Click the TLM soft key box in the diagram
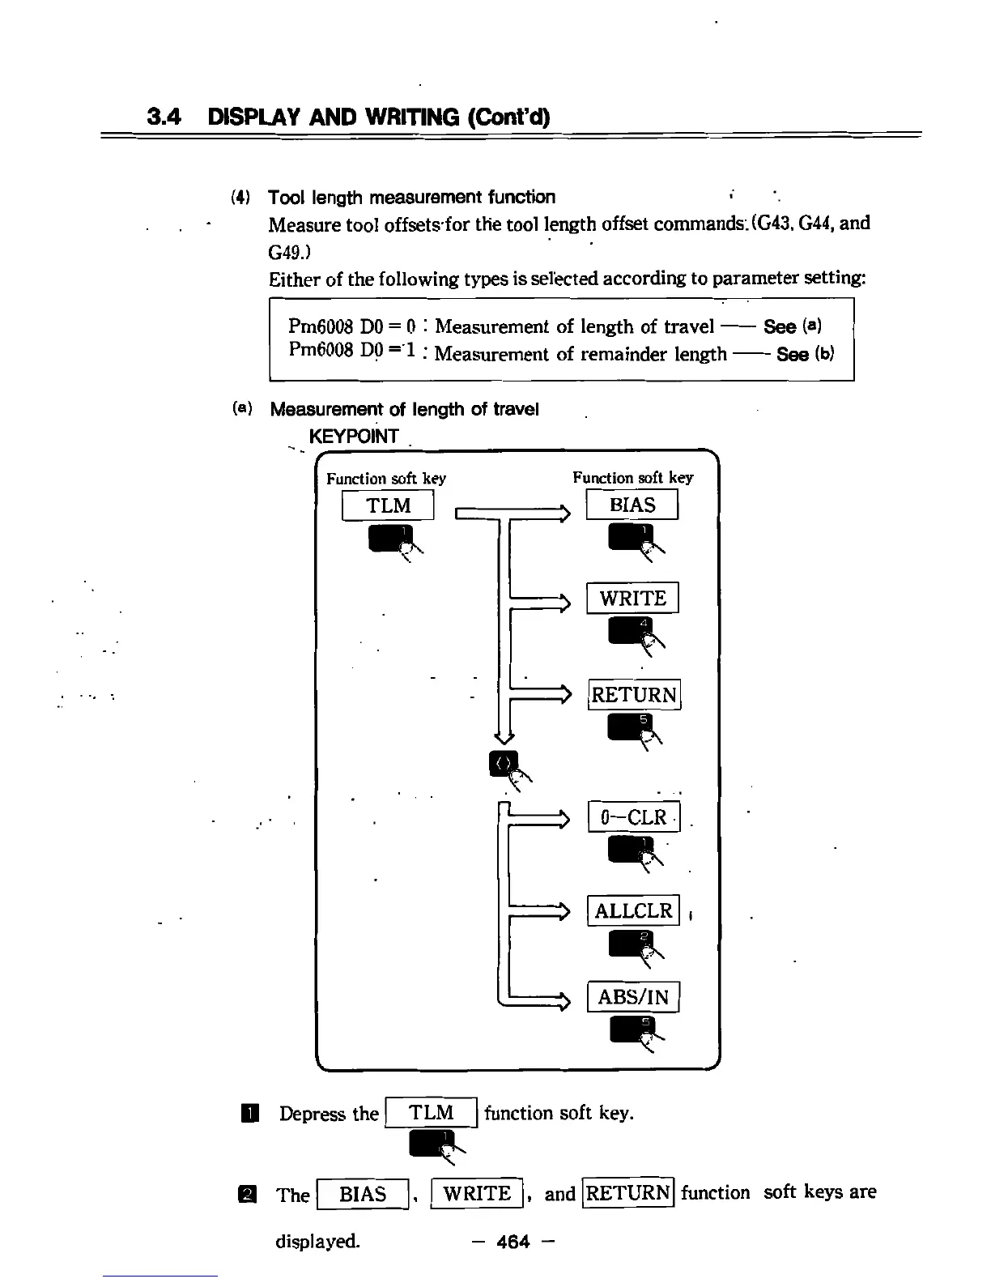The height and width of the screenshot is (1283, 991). (389, 505)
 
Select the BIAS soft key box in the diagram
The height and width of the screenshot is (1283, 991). (632, 505)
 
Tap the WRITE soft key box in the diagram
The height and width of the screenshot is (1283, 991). (632, 599)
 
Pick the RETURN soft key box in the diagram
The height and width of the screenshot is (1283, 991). (634, 695)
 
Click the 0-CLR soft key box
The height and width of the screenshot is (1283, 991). (634, 817)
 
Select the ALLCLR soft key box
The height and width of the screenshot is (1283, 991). (634, 910)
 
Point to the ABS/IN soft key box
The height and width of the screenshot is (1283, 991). (633, 997)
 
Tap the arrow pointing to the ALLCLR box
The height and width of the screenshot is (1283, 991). (551, 912)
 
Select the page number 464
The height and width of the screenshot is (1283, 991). (513, 1241)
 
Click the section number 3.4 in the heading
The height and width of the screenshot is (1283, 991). (163, 117)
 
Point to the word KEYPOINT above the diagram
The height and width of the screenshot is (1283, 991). (354, 437)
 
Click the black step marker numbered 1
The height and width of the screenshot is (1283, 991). (253, 1115)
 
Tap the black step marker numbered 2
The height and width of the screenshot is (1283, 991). (253, 1196)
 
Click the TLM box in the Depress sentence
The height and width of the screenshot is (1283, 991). (432, 1113)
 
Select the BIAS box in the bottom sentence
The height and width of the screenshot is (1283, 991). (363, 1195)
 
